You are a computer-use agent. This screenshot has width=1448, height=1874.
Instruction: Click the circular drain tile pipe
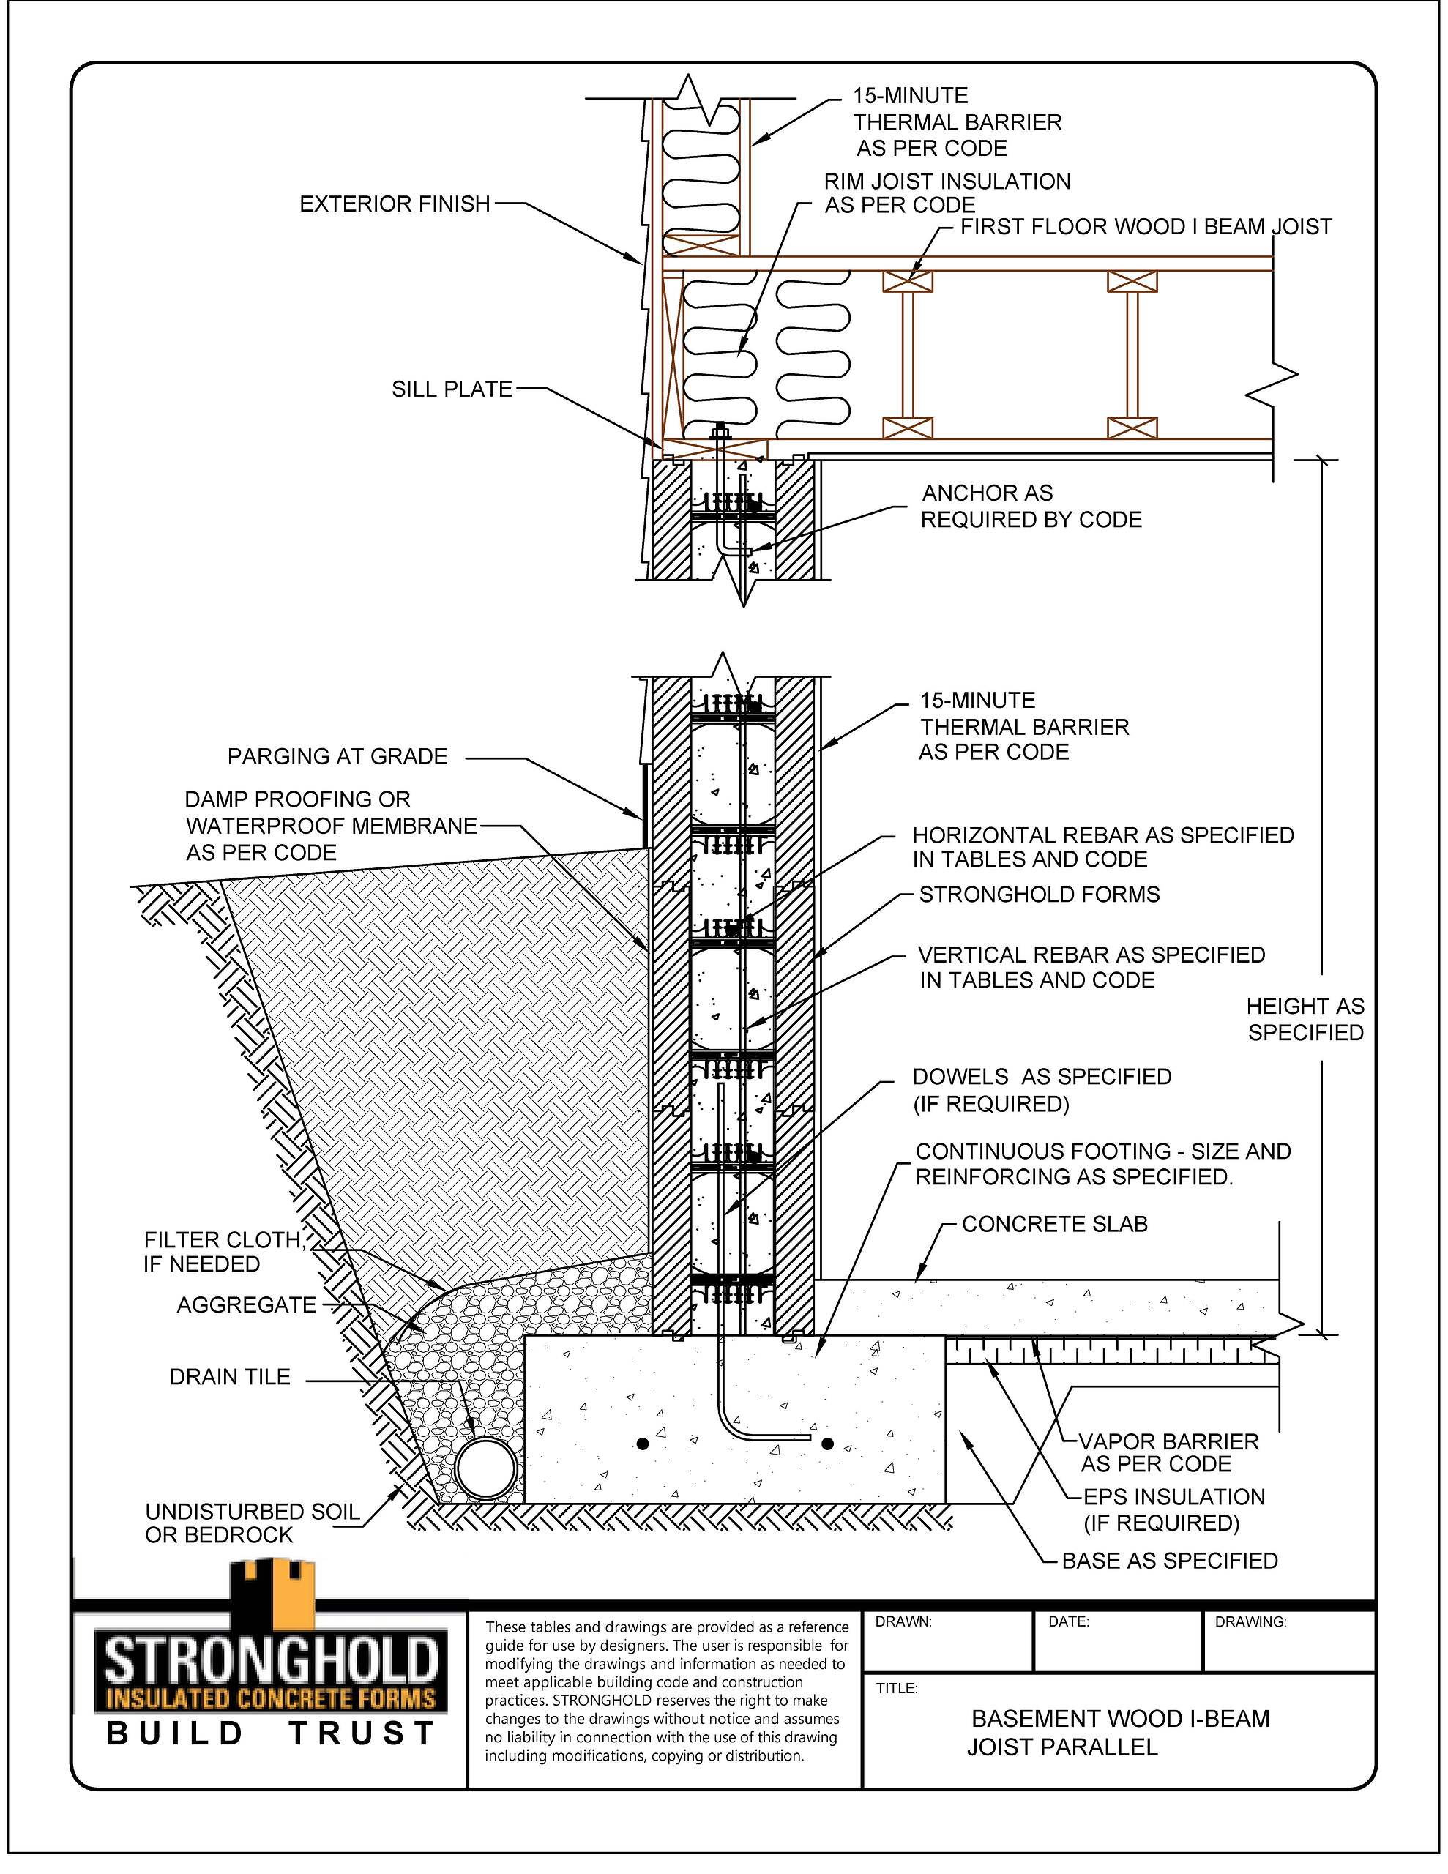[x=486, y=1468]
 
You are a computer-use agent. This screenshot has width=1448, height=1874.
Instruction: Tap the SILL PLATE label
[x=452, y=389]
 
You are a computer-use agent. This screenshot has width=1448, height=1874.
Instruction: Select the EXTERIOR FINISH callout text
[x=395, y=204]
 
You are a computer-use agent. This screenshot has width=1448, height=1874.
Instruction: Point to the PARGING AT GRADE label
[x=337, y=756]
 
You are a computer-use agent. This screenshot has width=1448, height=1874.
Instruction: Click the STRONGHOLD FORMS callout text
[x=1039, y=894]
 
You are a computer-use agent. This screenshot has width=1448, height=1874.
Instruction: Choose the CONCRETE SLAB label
[x=1054, y=1225]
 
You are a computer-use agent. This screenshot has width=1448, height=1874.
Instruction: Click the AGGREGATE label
[x=247, y=1305]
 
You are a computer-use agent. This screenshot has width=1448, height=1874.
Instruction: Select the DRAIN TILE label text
[x=230, y=1377]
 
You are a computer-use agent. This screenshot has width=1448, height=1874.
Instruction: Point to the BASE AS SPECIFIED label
[x=1169, y=1561]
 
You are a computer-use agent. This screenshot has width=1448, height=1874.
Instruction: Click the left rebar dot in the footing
[x=642, y=1444]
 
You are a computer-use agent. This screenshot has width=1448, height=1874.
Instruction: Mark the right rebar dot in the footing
[x=827, y=1444]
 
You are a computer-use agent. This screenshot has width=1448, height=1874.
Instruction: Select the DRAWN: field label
[x=903, y=1623]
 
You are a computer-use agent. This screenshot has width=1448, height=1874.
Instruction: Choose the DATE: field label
[x=1069, y=1623]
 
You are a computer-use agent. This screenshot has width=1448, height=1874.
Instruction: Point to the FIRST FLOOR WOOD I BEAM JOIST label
[x=1145, y=228]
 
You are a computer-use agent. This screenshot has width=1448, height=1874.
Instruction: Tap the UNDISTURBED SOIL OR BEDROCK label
[x=253, y=1523]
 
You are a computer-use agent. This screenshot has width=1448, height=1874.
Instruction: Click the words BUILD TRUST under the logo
[x=272, y=1734]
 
